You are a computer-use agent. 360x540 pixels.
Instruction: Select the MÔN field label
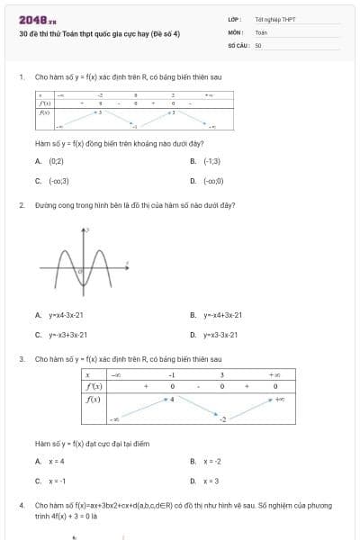click(x=236, y=31)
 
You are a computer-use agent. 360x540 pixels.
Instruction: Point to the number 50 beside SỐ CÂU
click(x=258, y=44)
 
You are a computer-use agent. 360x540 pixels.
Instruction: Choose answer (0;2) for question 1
click(x=56, y=160)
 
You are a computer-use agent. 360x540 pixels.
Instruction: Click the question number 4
click(x=21, y=506)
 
